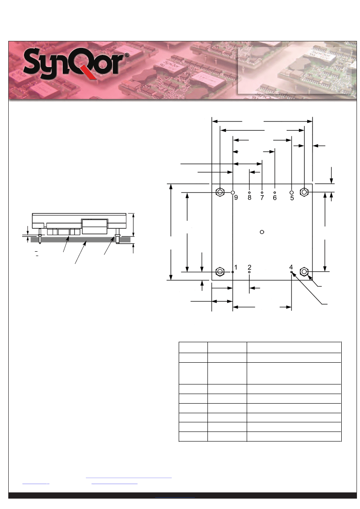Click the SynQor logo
[73, 64]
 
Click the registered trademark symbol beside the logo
[127, 55]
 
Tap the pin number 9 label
[236, 198]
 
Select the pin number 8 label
[250, 198]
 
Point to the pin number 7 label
[262, 198]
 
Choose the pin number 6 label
[275, 198]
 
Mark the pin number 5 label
[292, 198]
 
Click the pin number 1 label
[236, 267]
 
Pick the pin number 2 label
[250, 267]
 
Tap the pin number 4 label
[291, 267]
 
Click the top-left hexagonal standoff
[220, 192]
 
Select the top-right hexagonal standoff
[304, 192]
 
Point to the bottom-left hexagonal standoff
[220, 271]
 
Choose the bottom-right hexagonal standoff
[304, 271]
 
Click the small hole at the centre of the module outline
[262, 232]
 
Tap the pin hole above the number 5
[292, 192]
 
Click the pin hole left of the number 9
[233, 192]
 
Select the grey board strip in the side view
[81, 239]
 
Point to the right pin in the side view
[117, 236]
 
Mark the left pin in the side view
[40, 236]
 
